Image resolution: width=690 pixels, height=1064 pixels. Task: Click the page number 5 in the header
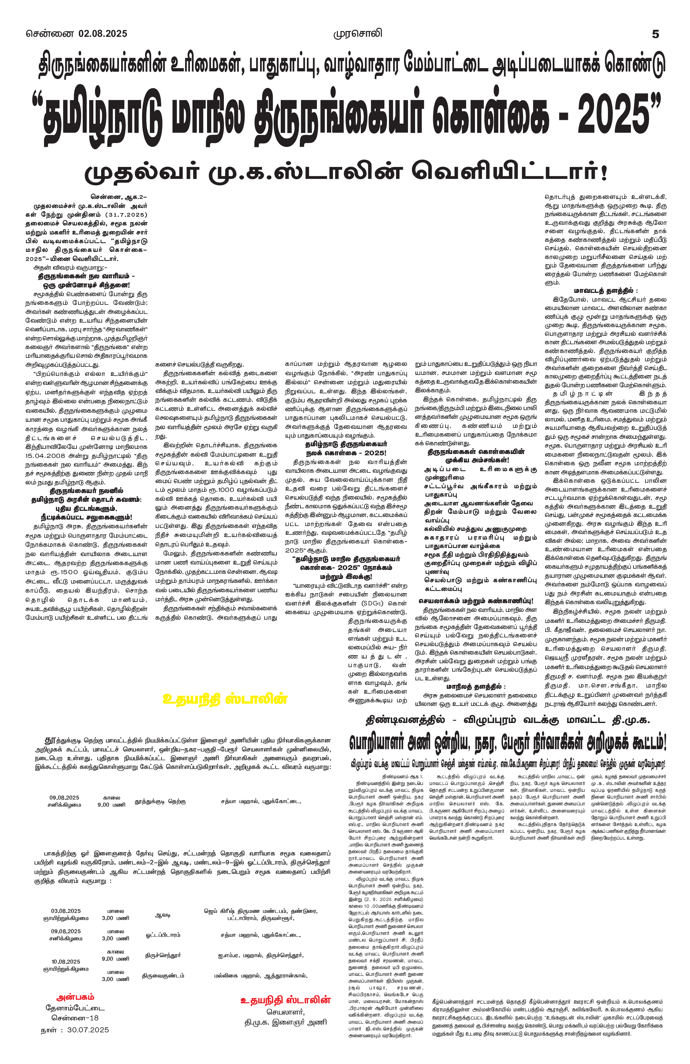(x=655, y=34)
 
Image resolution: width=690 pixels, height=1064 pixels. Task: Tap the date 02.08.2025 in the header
(x=103, y=34)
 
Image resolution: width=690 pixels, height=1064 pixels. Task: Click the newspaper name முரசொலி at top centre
(x=358, y=34)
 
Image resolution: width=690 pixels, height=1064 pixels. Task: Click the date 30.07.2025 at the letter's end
(x=88, y=1029)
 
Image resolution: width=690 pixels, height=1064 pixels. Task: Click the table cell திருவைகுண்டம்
(x=163, y=976)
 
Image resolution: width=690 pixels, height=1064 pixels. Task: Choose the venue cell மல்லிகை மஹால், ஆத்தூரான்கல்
(x=260, y=976)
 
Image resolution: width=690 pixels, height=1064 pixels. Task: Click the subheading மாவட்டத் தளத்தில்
(x=605, y=291)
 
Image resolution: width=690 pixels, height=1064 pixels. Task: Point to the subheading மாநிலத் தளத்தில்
(x=476, y=686)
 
